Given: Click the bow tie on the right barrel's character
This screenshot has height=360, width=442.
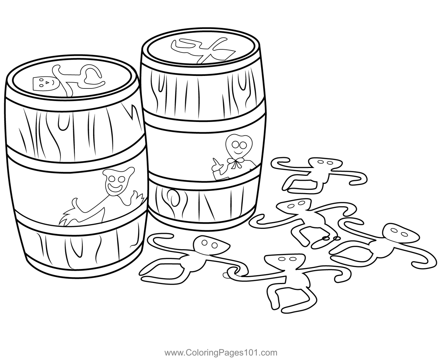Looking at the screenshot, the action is [x=235, y=162].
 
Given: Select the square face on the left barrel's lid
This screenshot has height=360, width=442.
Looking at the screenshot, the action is [x=42, y=84].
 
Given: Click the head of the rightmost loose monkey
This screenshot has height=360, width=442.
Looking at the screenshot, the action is [x=400, y=233].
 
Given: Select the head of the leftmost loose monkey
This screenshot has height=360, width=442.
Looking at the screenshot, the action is [x=211, y=245].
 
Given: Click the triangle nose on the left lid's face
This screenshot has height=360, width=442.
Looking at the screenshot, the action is [x=47, y=83].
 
